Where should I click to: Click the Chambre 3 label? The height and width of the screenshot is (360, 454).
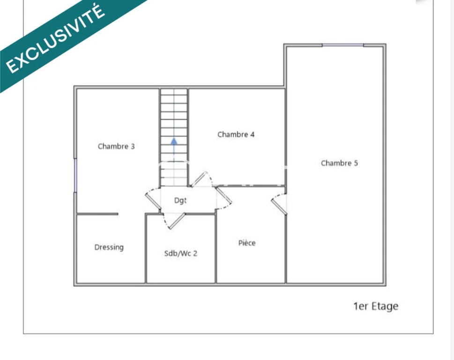coord(116,146)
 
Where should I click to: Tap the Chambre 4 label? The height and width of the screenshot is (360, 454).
coord(236,135)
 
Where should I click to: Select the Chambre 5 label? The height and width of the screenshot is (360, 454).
coord(339,163)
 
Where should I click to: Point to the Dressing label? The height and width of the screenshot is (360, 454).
coord(109,247)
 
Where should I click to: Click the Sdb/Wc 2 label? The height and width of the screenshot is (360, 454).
coord(181,254)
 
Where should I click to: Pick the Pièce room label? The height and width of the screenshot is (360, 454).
coord(247,243)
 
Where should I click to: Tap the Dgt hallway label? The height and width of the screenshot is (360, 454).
coord(180,201)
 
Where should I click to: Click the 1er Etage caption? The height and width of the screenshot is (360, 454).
coord(376,306)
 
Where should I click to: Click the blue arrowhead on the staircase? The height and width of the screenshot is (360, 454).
coord(174,142)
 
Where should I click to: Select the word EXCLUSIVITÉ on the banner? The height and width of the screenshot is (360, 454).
coord(55,39)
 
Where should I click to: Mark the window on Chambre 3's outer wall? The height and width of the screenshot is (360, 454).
coord(75,175)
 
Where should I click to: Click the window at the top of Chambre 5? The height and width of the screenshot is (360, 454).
coord(343,45)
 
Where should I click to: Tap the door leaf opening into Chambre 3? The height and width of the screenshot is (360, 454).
coord(153,201)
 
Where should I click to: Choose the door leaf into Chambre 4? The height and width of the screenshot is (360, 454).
coord(199,179)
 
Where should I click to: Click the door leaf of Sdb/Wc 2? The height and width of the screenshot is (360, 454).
coord(177,221)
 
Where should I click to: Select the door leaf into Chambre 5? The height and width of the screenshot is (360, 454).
coord(279,207)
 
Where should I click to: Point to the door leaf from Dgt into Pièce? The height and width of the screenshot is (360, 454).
coord(224,195)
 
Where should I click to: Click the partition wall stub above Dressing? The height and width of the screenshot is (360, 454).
coord(97,214)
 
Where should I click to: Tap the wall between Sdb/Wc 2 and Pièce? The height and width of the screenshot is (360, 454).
coord(216,249)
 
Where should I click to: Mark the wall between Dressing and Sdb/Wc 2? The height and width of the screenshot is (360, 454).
coord(146,249)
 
